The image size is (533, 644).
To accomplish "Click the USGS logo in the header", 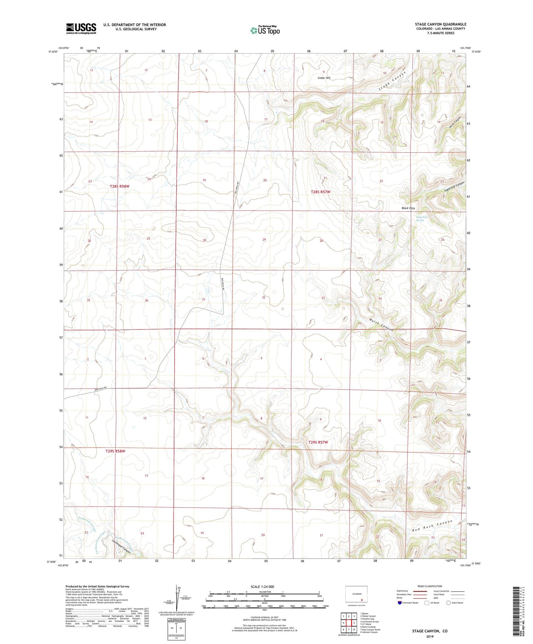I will point(81,28).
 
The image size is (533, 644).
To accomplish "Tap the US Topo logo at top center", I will point(265,30).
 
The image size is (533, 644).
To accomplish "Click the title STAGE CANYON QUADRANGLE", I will point(440,24).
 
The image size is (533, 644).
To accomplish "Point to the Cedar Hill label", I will point(324,78).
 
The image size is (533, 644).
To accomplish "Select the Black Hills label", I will point(408,208).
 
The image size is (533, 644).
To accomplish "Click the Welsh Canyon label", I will point(381,324).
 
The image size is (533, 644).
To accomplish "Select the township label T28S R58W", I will point(120,186).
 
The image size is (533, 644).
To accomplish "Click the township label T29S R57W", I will point(318,442).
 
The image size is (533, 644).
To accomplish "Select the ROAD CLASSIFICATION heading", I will point(430,586).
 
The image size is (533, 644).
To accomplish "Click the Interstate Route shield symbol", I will point(400,603).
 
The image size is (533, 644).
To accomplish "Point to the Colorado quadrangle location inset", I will point(356,595).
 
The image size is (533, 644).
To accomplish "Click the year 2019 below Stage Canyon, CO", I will point(430,636).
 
